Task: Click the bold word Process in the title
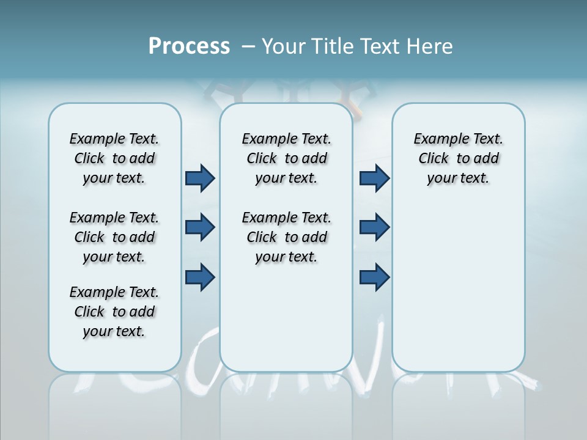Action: [189, 46]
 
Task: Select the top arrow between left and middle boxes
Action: [200, 178]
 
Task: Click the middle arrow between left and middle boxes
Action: [200, 227]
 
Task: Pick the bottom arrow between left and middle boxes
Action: [200, 277]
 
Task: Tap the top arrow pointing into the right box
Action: [374, 178]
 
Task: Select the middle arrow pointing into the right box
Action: [374, 227]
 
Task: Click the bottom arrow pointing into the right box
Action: [374, 277]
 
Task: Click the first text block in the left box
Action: [114, 158]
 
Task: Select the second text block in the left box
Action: [114, 237]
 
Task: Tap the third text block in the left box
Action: [114, 312]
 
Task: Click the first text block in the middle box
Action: [286, 158]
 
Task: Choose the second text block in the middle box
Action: [286, 237]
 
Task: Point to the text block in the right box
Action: [458, 158]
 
